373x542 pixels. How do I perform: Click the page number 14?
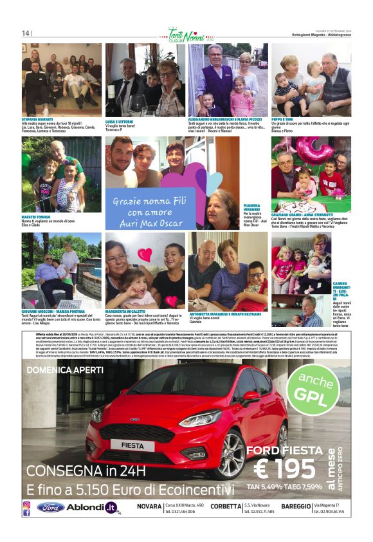point(26,33)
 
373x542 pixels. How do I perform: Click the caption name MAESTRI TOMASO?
point(36,217)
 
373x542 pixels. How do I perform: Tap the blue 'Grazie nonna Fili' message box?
point(147,210)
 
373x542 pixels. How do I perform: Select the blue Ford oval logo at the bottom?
point(50,507)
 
